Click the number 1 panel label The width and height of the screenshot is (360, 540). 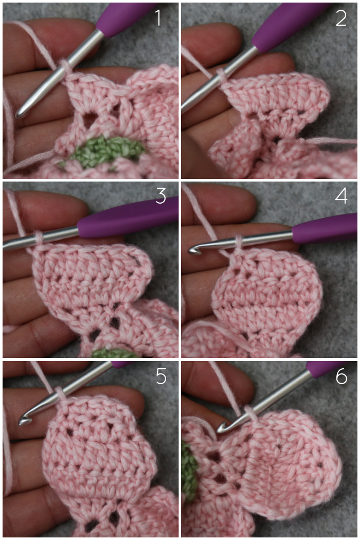tap(158, 18)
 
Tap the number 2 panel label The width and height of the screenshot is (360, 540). tap(341, 18)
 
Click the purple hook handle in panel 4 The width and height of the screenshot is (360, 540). tap(325, 228)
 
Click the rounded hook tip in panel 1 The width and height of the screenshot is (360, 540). tap(20, 113)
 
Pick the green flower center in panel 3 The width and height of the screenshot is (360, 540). tap(114, 353)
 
